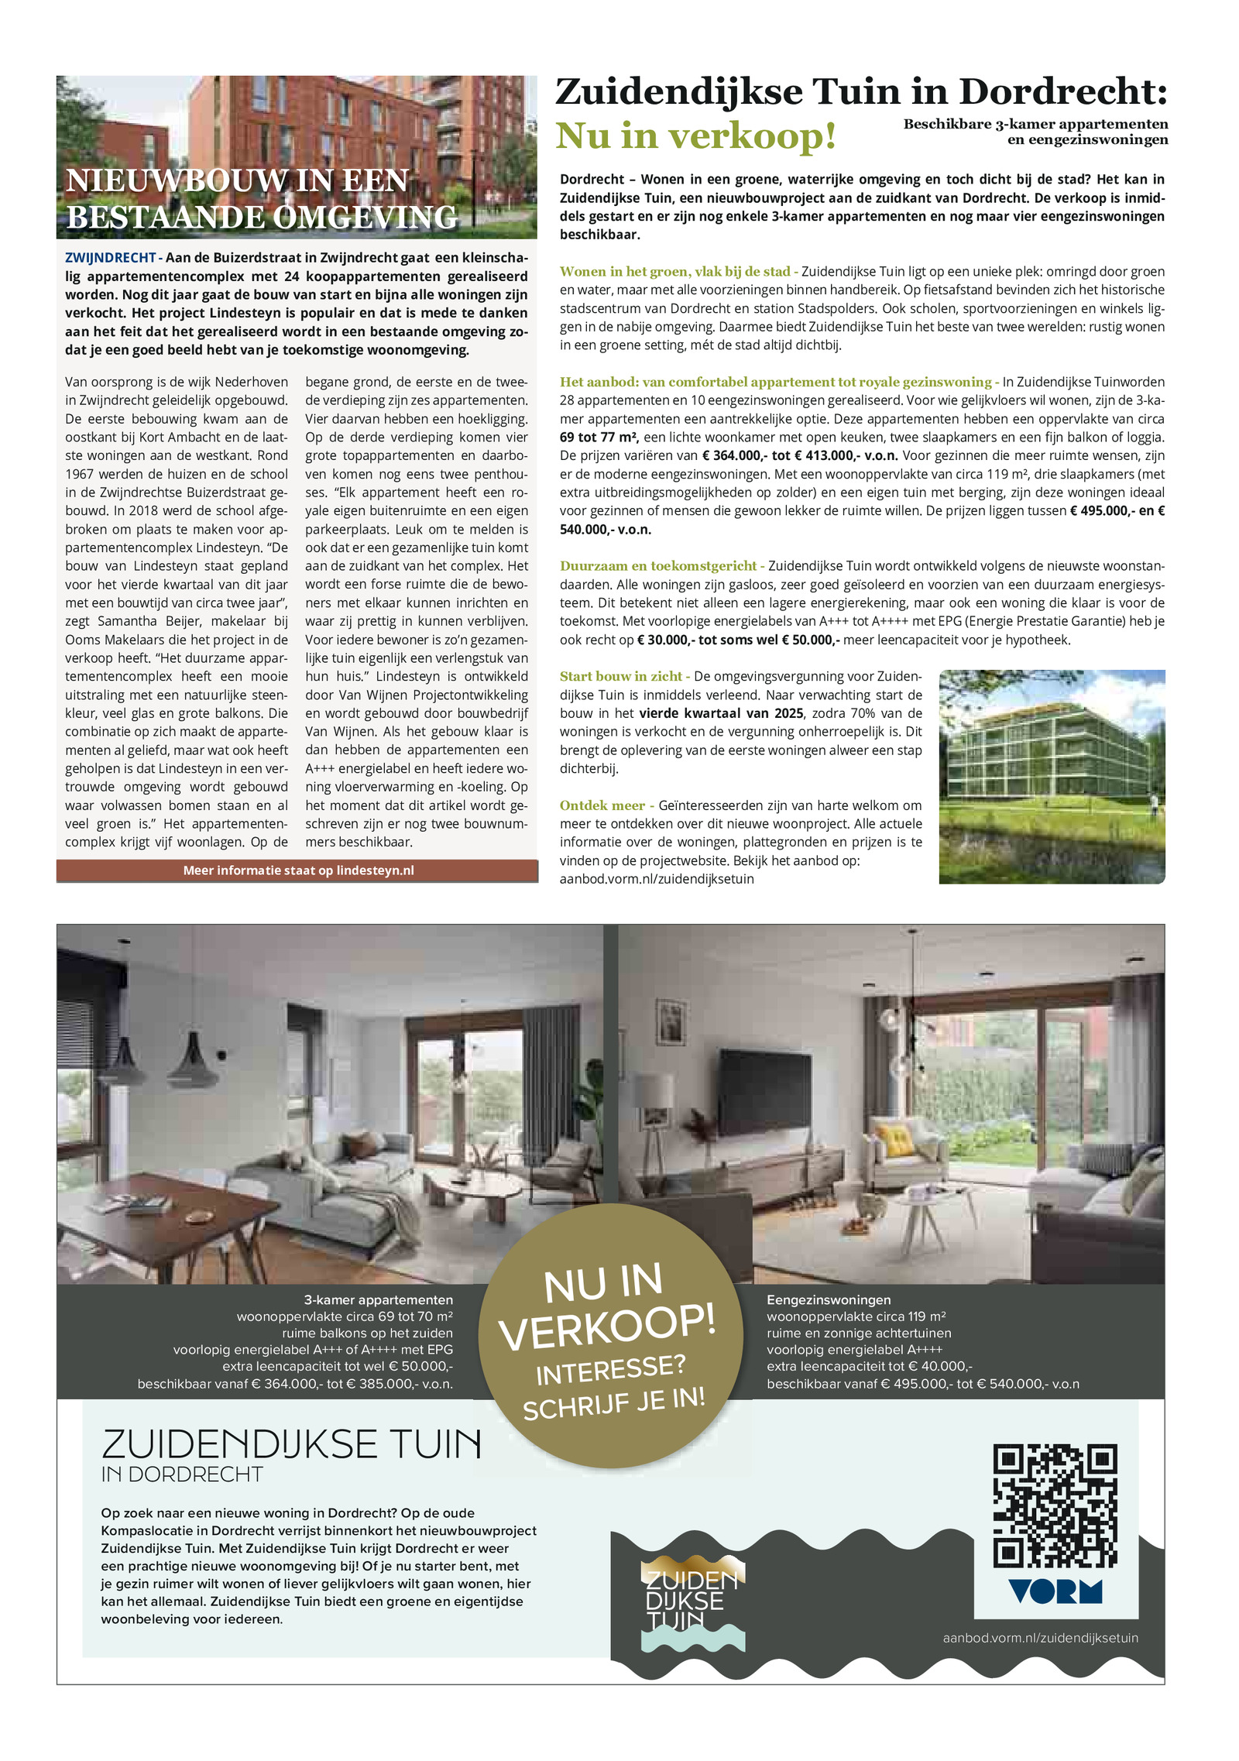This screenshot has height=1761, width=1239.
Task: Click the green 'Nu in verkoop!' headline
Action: coord(695,136)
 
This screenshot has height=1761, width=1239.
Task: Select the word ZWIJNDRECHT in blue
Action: coord(110,258)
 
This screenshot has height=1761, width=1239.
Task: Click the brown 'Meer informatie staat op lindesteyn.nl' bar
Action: coord(297,870)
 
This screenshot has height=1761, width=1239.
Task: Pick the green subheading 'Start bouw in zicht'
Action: coord(621,676)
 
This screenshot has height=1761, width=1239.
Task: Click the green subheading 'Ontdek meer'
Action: coord(602,805)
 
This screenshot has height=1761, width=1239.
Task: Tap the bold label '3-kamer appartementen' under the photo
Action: coord(378,1300)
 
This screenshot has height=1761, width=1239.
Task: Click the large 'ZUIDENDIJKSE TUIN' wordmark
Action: coord(291,1444)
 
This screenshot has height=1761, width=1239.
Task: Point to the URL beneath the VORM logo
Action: coord(1040,1637)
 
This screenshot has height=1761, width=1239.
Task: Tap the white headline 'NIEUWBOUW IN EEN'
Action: coord(237,180)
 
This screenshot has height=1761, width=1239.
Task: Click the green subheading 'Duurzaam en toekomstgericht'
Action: coord(657,566)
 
